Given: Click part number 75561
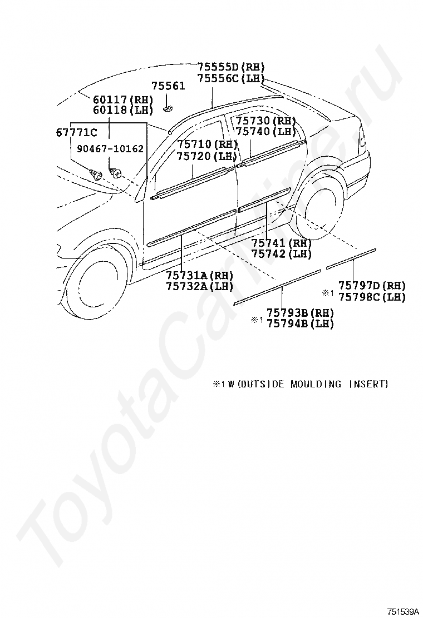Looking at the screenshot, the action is coord(169,86).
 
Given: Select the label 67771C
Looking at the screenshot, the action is coord(76,132).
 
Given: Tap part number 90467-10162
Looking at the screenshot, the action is coord(110,148).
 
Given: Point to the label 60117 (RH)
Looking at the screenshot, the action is coord(122,99).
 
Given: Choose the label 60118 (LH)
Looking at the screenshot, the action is coord(122,110).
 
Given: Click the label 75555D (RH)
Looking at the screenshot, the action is coord(231,67).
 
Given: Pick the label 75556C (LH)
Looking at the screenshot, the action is coord(231,78).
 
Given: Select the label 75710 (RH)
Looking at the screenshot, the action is coord(207,144).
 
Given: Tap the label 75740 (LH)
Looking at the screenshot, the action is coord(266,132).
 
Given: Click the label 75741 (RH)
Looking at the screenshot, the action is coord(282,243).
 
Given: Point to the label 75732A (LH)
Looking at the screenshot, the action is coord(200,286).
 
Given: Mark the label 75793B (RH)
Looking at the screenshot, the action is coord(301,313).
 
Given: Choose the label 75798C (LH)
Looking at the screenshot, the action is coord(372,296).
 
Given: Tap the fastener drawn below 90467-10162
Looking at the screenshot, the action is coord(115,172).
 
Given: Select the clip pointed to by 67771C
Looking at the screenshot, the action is coord(96,173).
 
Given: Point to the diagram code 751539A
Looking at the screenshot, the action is coord(402,612).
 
